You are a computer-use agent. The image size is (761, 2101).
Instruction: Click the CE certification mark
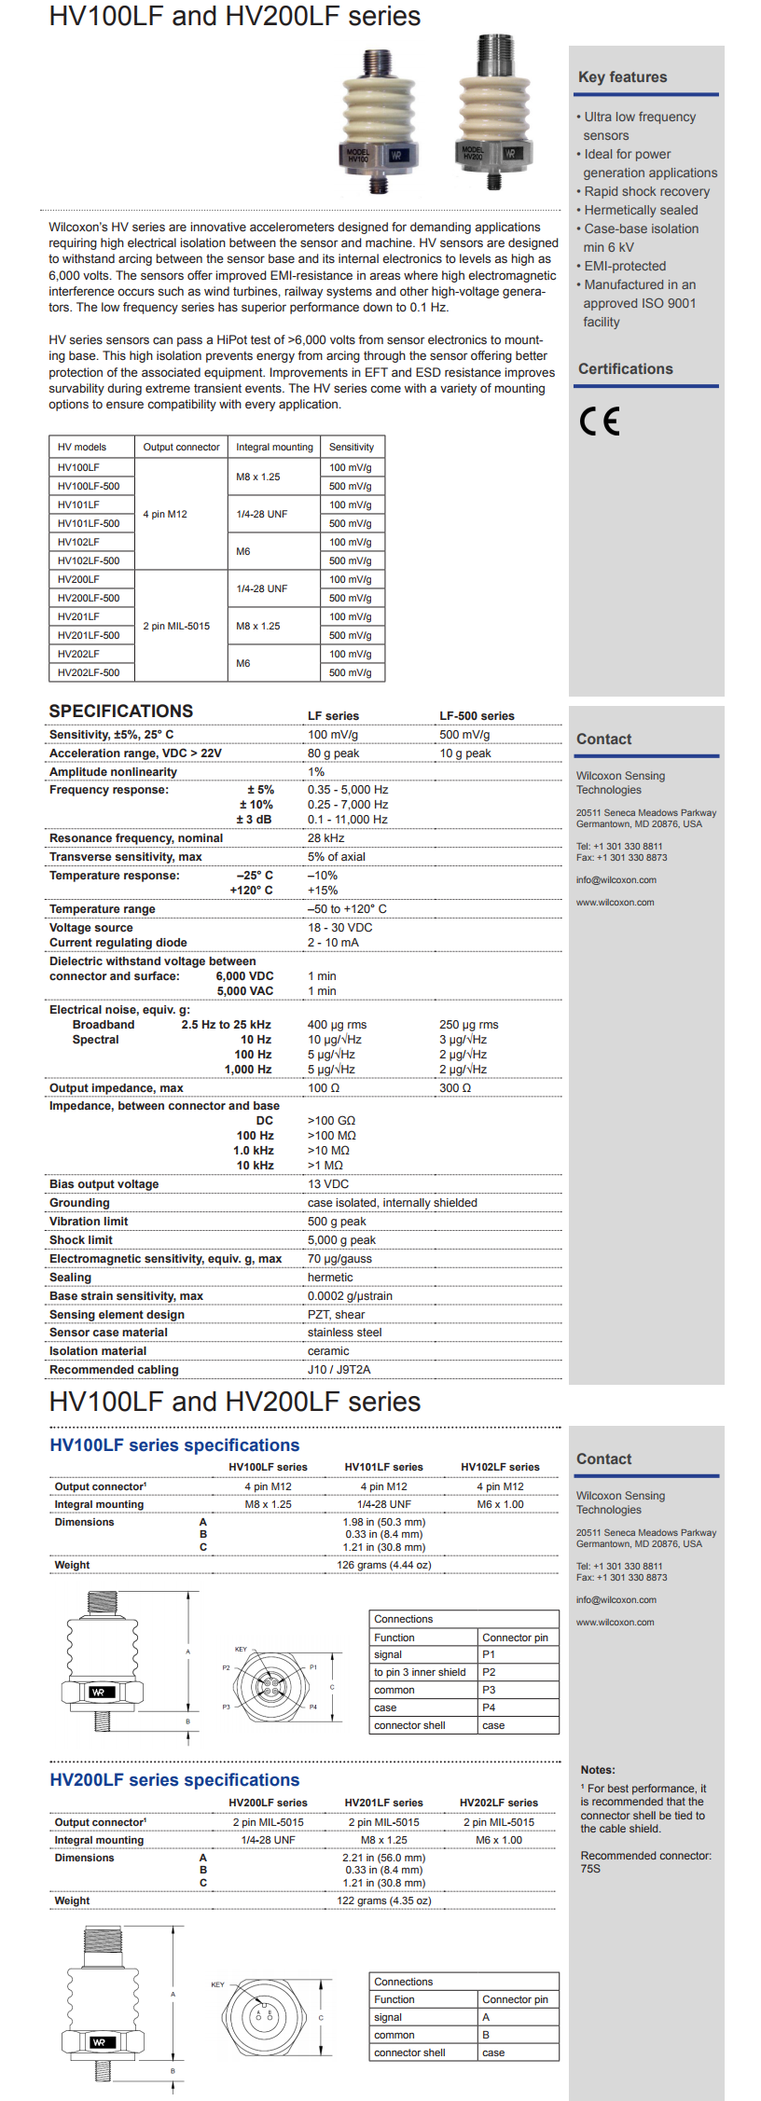(599, 422)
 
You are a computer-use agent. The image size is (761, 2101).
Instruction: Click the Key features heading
(622, 77)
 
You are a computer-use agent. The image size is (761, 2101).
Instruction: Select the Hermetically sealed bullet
(641, 210)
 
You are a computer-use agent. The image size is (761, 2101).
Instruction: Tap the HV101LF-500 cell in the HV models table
(89, 523)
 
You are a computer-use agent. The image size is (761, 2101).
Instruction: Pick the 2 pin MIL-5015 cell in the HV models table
(176, 626)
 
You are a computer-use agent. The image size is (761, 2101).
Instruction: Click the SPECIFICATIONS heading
(121, 711)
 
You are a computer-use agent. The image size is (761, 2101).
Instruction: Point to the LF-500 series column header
(477, 716)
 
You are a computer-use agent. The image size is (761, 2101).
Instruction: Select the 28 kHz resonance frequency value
(326, 838)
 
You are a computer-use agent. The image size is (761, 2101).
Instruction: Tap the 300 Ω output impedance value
(455, 1088)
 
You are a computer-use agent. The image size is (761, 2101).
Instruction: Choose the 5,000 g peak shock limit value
(341, 1240)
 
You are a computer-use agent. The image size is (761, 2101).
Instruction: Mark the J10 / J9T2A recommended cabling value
(339, 1370)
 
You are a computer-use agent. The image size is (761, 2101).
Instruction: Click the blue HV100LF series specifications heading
(174, 1445)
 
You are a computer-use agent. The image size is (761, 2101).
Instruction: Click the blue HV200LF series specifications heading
(174, 1780)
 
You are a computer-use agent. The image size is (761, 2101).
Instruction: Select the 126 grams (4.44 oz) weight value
(383, 1565)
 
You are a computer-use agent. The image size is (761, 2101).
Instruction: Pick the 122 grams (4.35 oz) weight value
(383, 1901)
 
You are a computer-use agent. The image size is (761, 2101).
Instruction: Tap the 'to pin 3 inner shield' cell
(420, 1672)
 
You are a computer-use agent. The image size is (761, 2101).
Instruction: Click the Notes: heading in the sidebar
(598, 1770)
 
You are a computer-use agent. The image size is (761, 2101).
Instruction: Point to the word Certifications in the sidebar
(625, 369)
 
